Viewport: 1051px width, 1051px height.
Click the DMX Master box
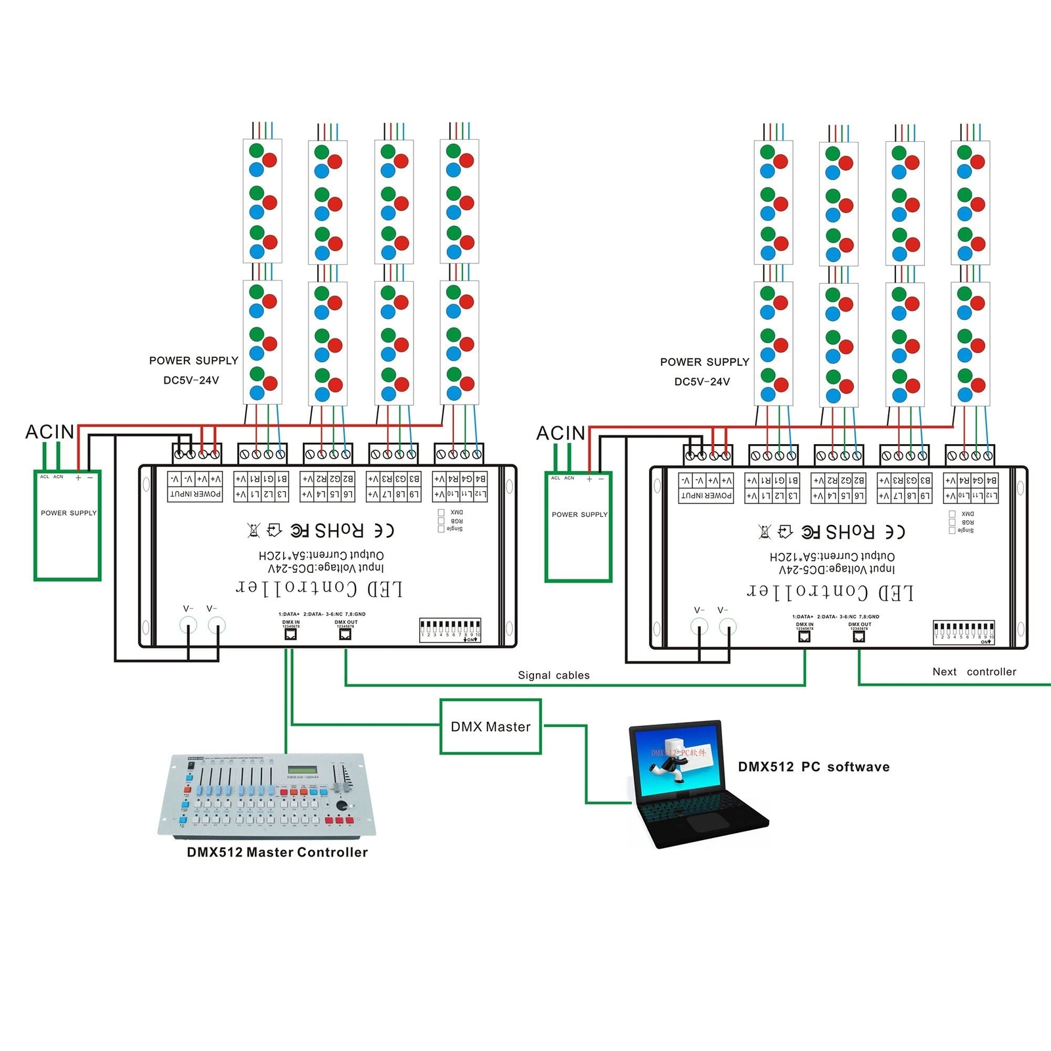pyautogui.click(x=491, y=726)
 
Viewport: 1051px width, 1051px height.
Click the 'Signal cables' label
pyautogui.click(x=554, y=675)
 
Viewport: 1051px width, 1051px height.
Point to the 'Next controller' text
pyautogui.click(x=974, y=671)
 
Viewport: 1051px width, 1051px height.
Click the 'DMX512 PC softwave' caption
pyautogui.click(x=814, y=767)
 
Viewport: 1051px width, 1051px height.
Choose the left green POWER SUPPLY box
pyautogui.click(x=68, y=525)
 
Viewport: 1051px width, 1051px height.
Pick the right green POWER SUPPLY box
pyautogui.click(x=579, y=526)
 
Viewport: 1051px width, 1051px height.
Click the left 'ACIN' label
pyautogui.click(x=49, y=432)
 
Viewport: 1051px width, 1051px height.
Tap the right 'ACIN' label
pyautogui.click(x=560, y=433)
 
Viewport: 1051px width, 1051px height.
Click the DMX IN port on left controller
pyautogui.click(x=290, y=634)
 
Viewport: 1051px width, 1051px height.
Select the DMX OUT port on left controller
pyautogui.click(x=346, y=634)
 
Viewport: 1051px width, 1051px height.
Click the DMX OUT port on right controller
pyautogui.click(x=859, y=636)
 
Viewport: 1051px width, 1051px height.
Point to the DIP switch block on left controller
pyautogui.click(x=450, y=629)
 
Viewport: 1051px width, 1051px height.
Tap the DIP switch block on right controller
pyautogui.click(x=964, y=631)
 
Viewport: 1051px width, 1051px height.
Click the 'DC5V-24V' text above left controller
pyautogui.click(x=191, y=380)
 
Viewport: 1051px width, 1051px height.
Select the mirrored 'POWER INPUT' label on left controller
pyautogui.click(x=195, y=494)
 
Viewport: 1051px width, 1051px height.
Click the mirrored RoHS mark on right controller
pyautogui.click(x=850, y=531)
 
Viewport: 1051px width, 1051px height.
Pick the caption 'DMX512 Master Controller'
pyautogui.click(x=277, y=852)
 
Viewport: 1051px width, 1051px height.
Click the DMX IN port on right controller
pyautogui.click(x=805, y=636)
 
